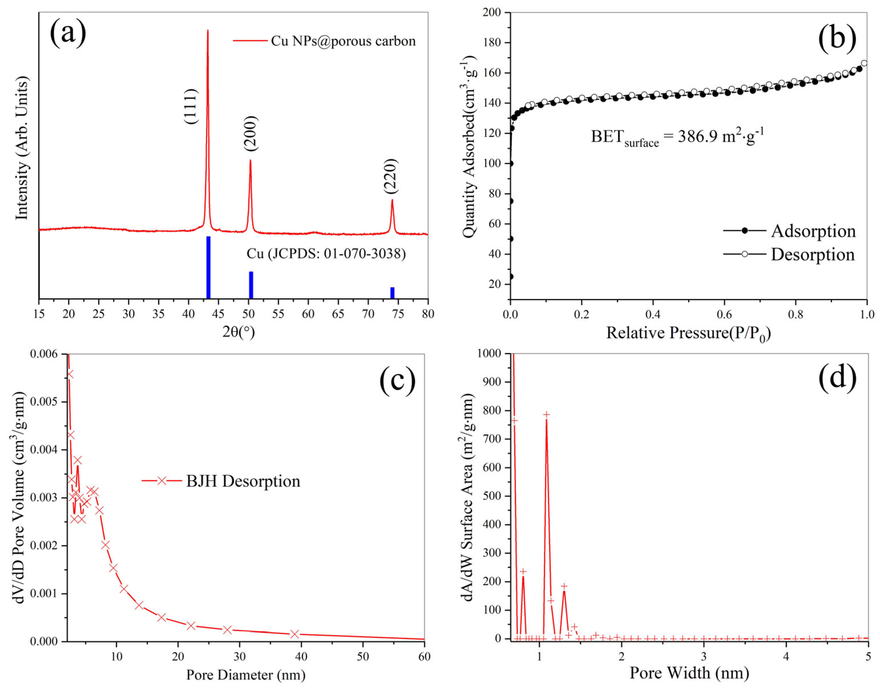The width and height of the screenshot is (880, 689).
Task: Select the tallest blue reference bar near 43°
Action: click(208, 267)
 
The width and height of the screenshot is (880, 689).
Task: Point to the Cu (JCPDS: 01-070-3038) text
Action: click(326, 254)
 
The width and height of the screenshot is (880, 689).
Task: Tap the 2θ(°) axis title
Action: click(239, 332)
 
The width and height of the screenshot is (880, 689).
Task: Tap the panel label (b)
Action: click(837, 39)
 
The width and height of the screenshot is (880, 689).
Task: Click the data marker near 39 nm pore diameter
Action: click(295, 634)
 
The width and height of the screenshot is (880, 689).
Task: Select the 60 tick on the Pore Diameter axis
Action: click(424, 656)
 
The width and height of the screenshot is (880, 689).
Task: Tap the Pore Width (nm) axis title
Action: click(689, 673)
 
